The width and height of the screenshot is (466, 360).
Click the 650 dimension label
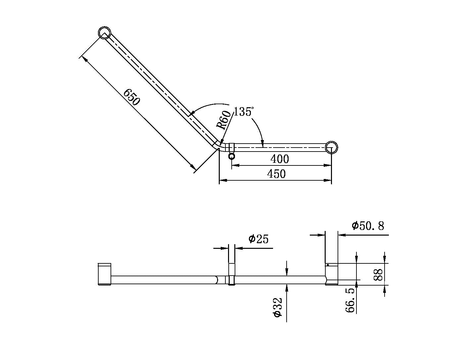point(131,97)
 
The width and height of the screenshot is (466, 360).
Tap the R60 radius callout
point(224,120)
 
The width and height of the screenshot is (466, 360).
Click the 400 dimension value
point(280,159)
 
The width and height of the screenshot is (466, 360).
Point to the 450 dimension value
point(276,174)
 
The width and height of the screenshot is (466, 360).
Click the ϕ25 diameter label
point(258,239)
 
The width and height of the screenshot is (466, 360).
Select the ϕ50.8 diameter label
point(368,226)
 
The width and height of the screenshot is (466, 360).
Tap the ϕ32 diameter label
point(277,308)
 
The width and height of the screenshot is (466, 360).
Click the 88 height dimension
point(378,274)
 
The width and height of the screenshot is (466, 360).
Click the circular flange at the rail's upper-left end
point(105,33)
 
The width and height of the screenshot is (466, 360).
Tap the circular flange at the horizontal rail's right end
point(331,147)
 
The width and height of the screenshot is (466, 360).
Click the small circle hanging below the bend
point(232,156)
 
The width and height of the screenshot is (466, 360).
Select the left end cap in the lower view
point(105,274)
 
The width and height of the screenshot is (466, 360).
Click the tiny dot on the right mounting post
point(327,265)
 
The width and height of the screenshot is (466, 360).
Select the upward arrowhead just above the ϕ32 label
point(286,288)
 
